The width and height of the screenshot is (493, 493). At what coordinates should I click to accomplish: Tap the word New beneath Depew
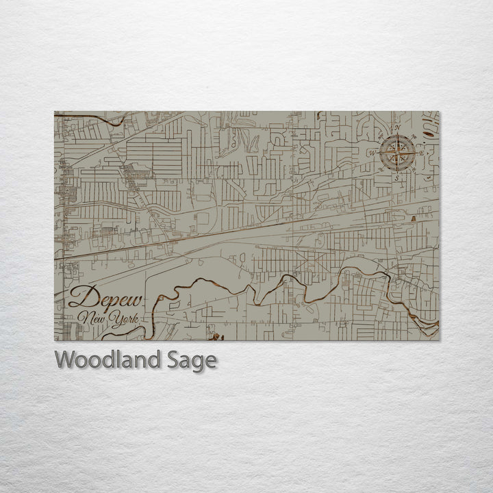coord(91,318)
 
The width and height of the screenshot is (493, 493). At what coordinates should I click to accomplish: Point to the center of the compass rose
coord(396,152)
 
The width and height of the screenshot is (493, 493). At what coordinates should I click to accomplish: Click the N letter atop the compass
coord(397,128)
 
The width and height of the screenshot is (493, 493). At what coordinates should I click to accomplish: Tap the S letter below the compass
coord(396,177)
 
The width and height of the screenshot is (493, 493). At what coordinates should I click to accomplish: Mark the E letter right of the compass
coord(420,153)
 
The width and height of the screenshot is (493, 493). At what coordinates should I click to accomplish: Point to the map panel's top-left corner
coord(55,112)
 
